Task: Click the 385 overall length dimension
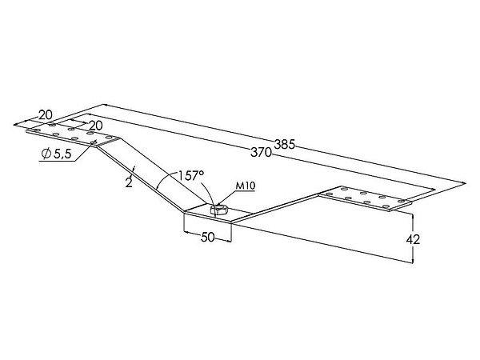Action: pyautogui.click(x=284, y=144)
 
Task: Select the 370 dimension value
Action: pyautogui.click(x=261, y=152)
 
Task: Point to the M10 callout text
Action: pyautogui.click(x=246, y=186)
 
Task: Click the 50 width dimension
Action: pyautogui.click(x=208, y=238)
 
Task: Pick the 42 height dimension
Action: pyautogui.click(x=413, y=240)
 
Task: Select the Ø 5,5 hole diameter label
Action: pyautogui.click(x=57, y=154)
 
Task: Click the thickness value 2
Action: pyautogui.click(x=129, y=182)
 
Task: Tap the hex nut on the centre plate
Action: pyautogui.click(x=218, y=210)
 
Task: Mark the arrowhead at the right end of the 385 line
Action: pyautogui.click(x=463, y=183)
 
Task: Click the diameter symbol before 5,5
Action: pyautogui.click(x=46, y=154)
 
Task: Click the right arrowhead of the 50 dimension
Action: pyautogui.click(x=228, y=242)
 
